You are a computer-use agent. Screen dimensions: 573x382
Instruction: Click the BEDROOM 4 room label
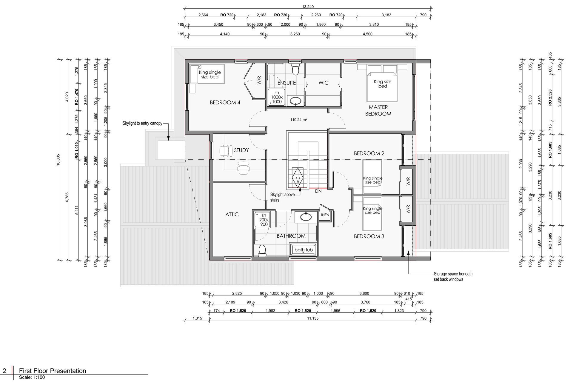click(x=225, y=102)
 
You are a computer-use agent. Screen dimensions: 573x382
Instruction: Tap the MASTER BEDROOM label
click(x=378, y=110)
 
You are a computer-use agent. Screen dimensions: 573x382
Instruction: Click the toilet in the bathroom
click(x=262, y=251)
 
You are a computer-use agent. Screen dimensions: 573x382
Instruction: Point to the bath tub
click(x=304, y=249)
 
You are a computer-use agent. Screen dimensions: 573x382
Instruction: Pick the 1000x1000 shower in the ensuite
click(x=277, y=97)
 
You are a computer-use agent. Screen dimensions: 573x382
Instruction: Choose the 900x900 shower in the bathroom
click(x=263, y=220)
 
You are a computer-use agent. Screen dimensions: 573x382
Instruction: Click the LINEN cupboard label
click(x=324, y=215)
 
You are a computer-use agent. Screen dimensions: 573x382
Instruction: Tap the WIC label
click(x=323, y=83)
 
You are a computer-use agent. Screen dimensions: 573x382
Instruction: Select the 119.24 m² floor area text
click(x=299, y=120)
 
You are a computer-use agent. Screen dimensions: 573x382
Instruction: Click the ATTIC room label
click(x=232, y=214)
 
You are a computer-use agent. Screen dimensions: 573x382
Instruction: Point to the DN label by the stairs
click(x=318, y=191)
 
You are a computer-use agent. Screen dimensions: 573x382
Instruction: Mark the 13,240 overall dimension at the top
click(x=308, y=7)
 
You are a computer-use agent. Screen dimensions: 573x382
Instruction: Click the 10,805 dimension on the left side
click(x=58, y=160)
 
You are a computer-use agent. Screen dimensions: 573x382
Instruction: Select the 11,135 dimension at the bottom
click(x=313, y=318)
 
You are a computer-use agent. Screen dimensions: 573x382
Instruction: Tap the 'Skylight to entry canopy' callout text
click(x=142, y=123)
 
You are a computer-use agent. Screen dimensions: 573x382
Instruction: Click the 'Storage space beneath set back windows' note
click(x=453, y=277)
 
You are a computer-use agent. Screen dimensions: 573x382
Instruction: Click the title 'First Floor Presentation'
click(x=53, y=371)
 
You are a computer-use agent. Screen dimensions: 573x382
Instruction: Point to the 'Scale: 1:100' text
click(x=32, y=377)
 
